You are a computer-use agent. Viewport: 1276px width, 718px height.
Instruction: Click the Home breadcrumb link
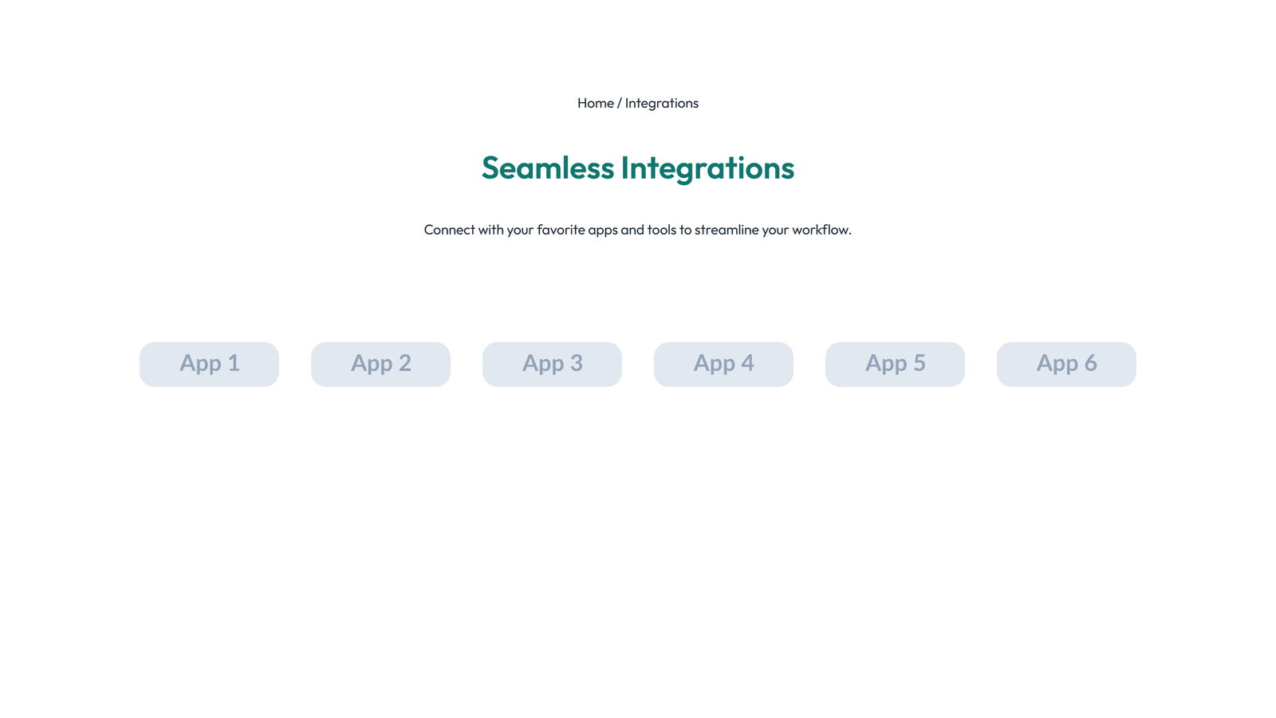tap(595, 103)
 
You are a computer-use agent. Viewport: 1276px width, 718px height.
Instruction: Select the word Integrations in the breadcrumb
tap(661, 103)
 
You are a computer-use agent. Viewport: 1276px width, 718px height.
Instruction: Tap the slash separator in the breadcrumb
tap(619, 103)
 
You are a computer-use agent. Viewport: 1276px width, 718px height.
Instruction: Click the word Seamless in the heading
tap(547, 168)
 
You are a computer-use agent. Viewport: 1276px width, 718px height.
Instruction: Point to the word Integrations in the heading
tap(707, 168)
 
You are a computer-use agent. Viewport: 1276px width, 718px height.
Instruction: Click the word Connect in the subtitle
tap(449, 230)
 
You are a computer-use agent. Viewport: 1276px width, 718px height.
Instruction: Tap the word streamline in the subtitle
tap(727, 230)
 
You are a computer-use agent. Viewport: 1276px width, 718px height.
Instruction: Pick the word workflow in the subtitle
tap(821, 230)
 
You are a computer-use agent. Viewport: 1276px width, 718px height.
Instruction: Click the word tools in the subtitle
tap(661, 230)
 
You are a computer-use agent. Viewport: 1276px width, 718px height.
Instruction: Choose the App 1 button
tap(209, 364)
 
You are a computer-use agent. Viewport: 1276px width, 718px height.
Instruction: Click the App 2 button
tap(380, 364)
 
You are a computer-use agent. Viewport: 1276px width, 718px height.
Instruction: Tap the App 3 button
tap(552, 364)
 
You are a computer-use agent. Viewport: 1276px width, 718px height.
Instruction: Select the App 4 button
tap(723, 364)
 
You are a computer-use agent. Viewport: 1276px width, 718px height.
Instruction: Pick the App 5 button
tap(895, 364)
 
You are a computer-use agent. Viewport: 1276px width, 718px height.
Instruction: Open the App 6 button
tap(1066, 364)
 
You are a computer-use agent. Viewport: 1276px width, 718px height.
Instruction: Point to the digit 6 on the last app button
tap(1089, 363)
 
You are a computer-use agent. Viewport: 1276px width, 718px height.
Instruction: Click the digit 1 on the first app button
tap(234, 363)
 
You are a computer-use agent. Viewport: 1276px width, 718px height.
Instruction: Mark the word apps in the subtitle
tap(603, 230)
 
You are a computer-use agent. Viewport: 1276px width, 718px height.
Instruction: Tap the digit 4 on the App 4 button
tap(747, 363)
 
